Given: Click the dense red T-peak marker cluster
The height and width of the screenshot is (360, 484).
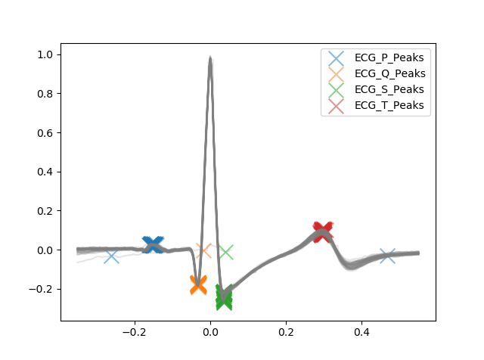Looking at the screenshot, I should coord(323,231).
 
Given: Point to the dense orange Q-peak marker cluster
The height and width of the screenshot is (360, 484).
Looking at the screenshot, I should coord(198,284).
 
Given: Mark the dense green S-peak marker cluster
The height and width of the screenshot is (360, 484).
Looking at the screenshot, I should coord(224,297).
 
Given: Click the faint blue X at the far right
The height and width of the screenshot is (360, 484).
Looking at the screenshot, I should coord(387,256).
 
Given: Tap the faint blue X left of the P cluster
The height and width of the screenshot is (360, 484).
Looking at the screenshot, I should coord(111,256).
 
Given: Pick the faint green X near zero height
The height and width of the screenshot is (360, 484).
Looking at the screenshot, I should coord(225,252).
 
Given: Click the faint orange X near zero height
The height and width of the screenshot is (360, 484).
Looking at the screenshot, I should coord(203,250).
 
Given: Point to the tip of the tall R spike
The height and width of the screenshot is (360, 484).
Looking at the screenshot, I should coord(210,57).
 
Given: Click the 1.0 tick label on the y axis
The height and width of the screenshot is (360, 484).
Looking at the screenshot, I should coord(45,55).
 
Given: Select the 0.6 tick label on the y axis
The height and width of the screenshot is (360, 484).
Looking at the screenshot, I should coord(45,133).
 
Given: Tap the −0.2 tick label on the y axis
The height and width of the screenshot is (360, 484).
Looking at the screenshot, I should coord(42,289).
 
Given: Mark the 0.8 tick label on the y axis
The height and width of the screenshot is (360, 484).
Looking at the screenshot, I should coord(45,94).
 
